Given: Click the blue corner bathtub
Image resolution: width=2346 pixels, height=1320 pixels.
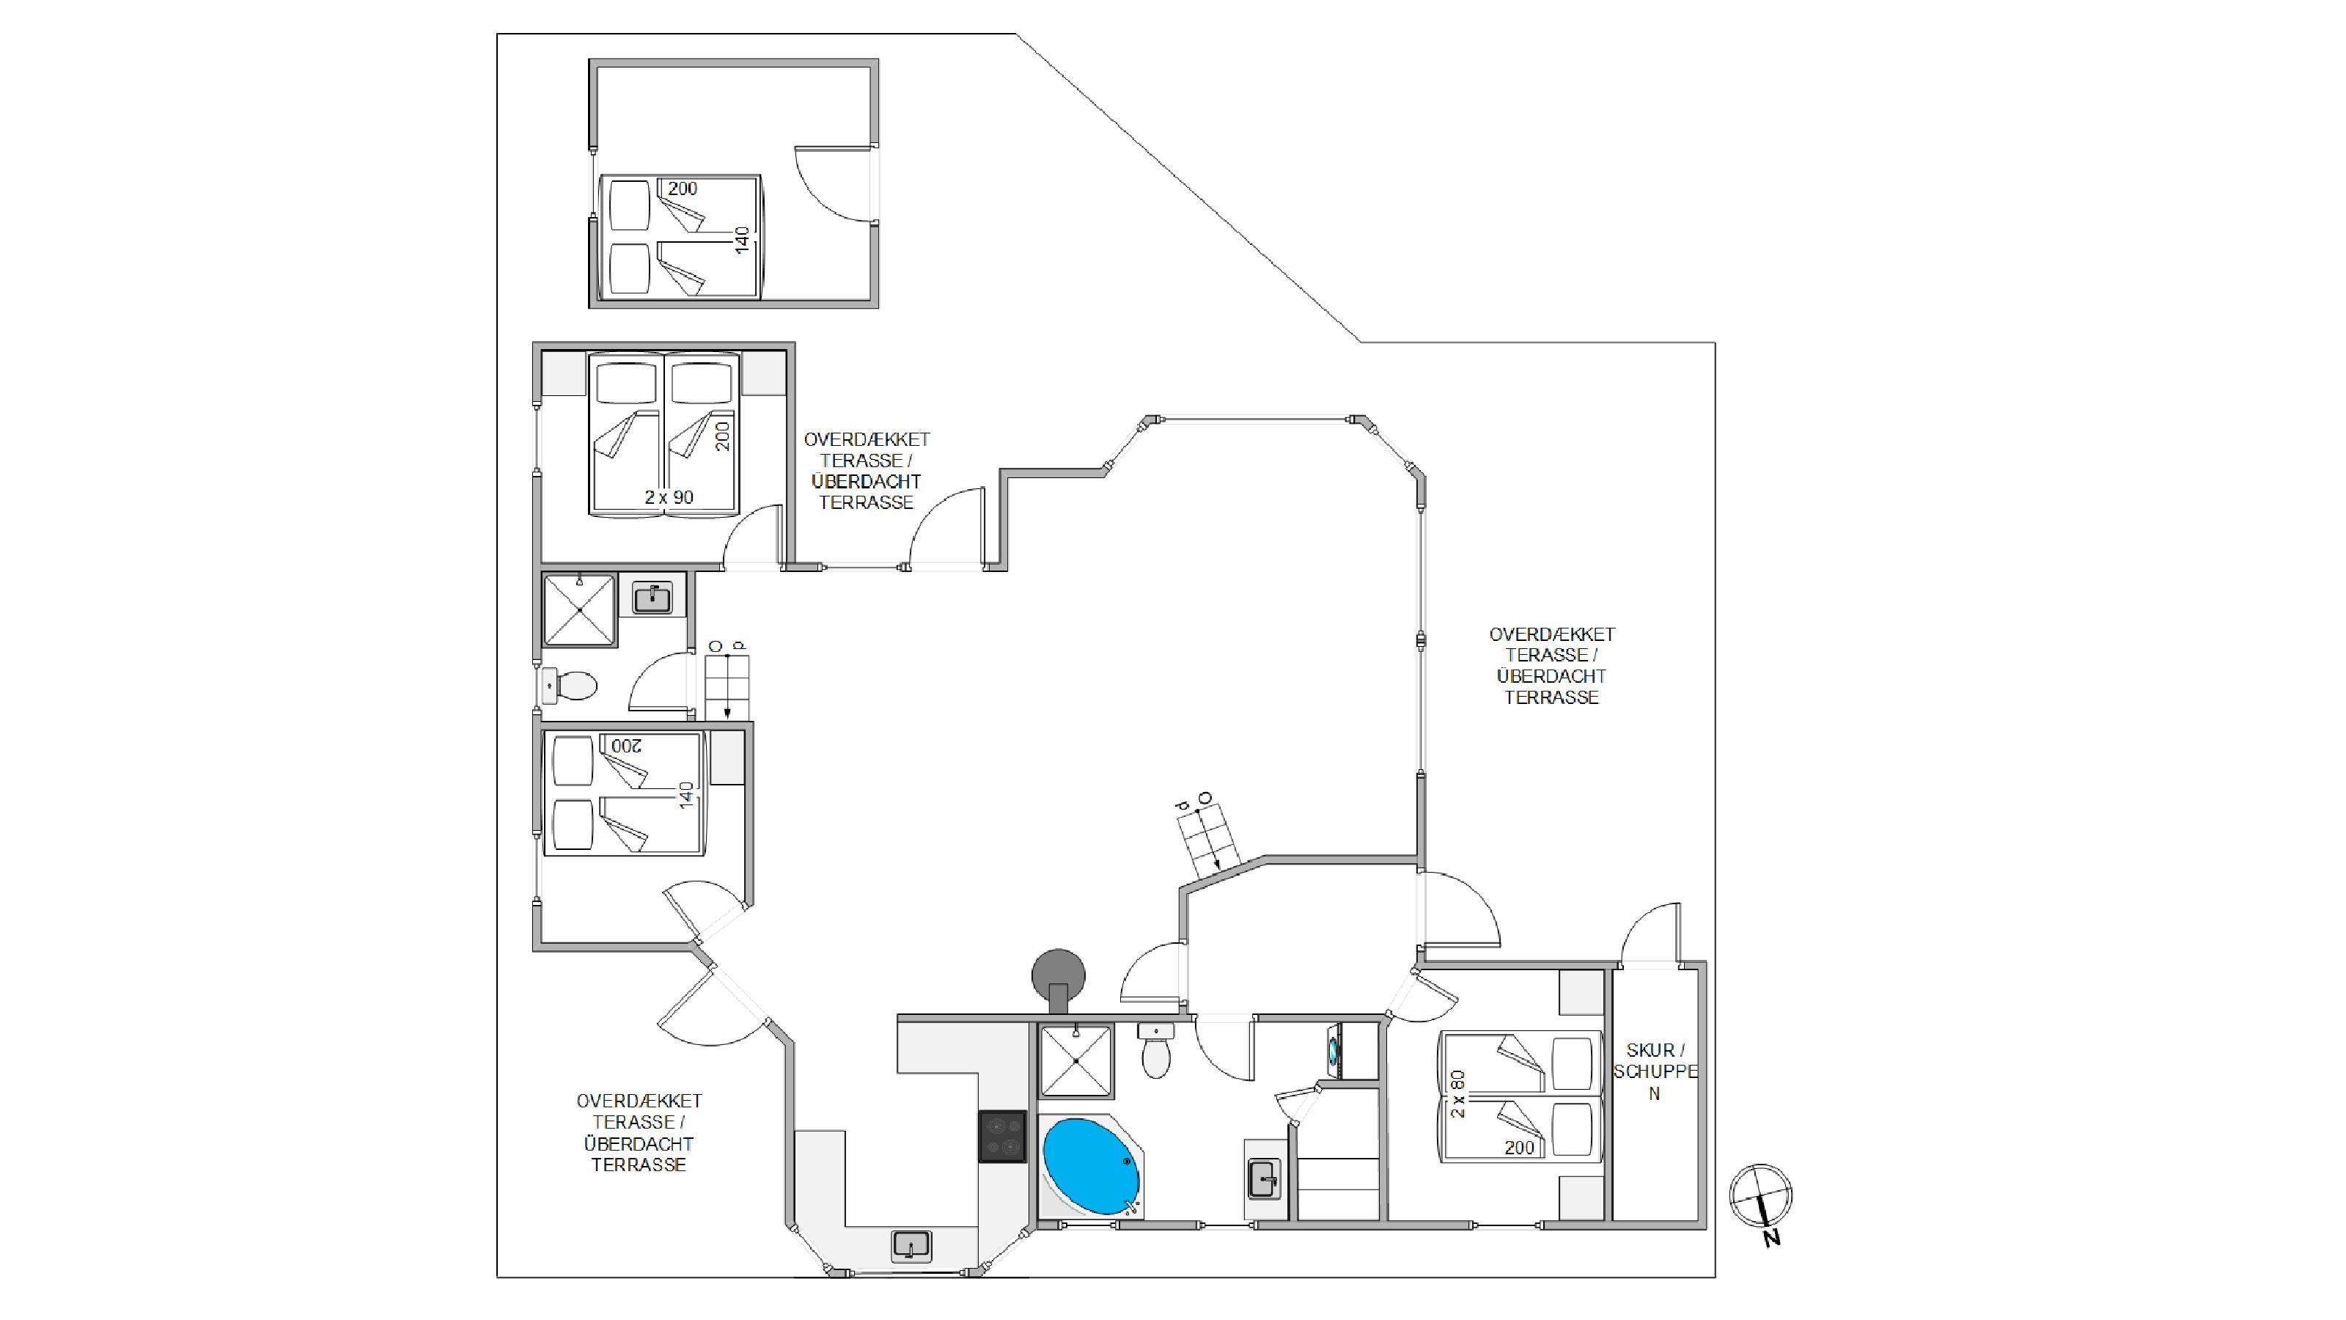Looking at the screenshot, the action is [1090, 1166].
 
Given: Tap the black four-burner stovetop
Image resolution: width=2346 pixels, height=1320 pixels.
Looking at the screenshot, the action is [1003, 1136].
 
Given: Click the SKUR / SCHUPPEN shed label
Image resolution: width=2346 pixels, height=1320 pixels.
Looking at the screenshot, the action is [1655, 1071].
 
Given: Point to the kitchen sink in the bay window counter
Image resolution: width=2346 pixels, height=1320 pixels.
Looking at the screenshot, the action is [911, 1244].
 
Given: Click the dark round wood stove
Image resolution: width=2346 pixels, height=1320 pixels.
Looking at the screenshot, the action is [1058, 978].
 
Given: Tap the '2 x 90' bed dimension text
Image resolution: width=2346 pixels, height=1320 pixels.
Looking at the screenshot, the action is [669, 497].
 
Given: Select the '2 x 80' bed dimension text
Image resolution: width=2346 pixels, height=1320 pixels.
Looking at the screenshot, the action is [1458, 1093].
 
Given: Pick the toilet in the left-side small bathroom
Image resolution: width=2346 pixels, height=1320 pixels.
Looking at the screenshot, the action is [569, 685].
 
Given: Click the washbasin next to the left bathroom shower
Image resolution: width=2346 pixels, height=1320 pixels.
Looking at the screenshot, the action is [652, 598].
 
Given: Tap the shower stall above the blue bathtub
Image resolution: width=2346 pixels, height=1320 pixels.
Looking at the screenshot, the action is [1075, 1060].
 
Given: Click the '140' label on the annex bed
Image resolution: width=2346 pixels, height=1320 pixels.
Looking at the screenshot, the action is [742, 240].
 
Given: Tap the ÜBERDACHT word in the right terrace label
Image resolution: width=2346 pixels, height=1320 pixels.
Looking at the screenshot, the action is [1551, 676].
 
